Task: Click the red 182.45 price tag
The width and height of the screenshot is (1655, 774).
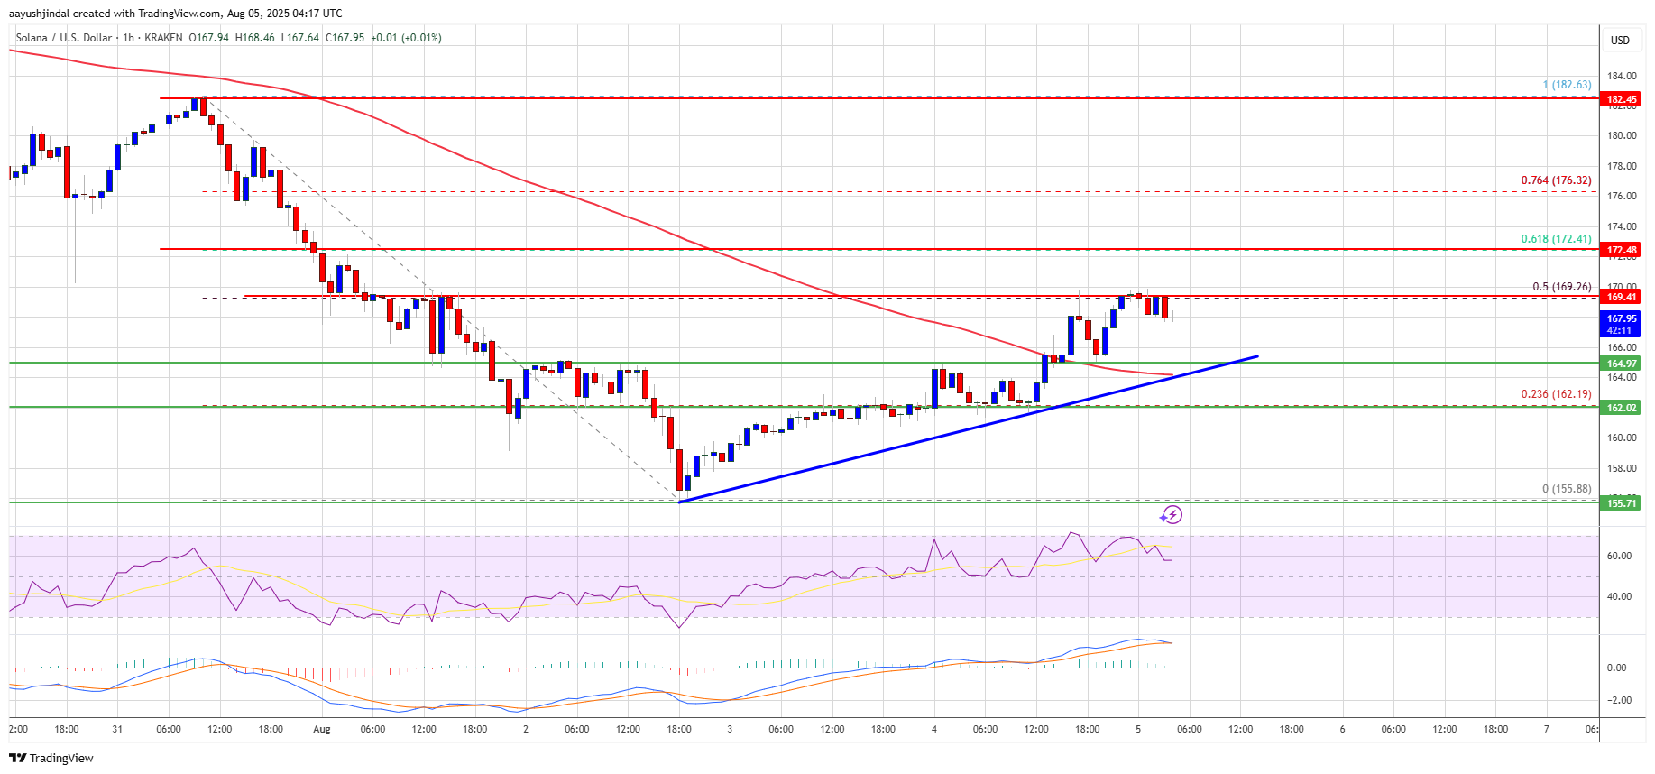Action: [1621, 99]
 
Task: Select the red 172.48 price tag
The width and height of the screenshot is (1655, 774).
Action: [1621, 250]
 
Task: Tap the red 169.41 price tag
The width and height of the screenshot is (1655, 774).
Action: [1621, 297]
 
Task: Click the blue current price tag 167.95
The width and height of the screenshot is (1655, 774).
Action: [1621, 318]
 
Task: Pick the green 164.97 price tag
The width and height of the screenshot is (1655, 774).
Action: [1621, 364]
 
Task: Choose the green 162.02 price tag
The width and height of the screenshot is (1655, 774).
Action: [1621, 408]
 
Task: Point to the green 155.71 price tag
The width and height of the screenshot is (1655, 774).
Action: [1621, 503]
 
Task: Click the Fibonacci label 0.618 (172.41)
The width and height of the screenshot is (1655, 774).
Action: [1556, 239]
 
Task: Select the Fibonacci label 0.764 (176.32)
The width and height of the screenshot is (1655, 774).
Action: [1556, 180]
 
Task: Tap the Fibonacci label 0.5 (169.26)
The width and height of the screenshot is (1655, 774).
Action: [1561, 287]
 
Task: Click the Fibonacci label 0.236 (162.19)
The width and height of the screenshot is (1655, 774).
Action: [1556, 394]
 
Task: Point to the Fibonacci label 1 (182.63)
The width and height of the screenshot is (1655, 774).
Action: [1567, 85]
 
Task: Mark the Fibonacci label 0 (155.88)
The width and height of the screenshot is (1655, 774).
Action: [1567, 489]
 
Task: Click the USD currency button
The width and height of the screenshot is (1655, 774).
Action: [1620, 40]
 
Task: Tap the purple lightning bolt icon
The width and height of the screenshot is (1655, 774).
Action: [1171, 515]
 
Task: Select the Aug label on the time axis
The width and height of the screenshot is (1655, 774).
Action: [322, 729]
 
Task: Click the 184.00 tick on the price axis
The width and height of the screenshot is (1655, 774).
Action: [1621, 76]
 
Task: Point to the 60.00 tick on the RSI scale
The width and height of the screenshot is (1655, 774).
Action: [1619, 556]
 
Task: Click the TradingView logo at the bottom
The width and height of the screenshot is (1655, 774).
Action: [51, 758]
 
